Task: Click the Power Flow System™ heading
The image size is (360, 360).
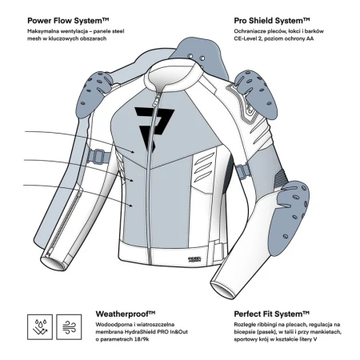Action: [68, 21]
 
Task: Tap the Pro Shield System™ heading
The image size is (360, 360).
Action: [272, 21]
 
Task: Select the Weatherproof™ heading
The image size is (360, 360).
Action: [126, 314]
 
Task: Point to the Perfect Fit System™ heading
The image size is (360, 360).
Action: [272, 314]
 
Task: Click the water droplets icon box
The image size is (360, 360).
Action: [40, 327]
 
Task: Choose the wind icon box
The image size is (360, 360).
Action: [69, 327]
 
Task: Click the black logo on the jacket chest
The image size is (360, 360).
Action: [154, 128]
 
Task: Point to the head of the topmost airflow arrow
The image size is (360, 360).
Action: [133, 152]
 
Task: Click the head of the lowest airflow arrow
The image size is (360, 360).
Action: [130, 206]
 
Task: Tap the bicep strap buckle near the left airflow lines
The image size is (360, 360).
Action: [98, 157]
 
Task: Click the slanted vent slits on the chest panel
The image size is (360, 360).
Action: [204, 167]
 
